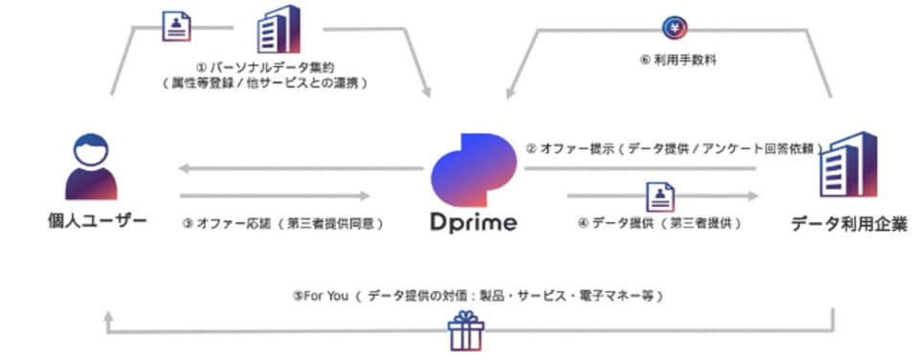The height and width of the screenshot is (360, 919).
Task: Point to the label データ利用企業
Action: (848, 223)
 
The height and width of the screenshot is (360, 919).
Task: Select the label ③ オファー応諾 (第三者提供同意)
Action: (282, 224)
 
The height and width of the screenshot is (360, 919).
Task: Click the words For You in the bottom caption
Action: (327, 296)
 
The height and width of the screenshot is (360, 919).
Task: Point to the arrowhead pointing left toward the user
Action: (184, 170)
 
